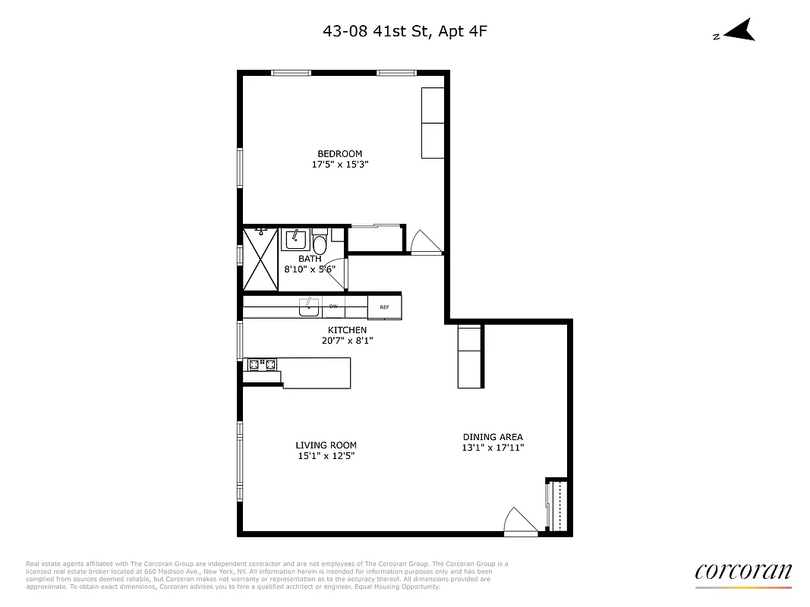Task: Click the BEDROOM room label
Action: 339,154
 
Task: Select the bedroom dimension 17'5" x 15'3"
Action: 339,165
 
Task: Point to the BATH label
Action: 309,259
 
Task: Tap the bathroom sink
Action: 295,240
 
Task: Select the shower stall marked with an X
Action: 260,259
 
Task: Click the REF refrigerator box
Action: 384,307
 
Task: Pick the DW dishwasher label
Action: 333,307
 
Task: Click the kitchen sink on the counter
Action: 309,307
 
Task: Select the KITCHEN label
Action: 347,330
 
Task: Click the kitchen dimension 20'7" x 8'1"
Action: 347,341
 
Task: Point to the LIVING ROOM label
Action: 326,445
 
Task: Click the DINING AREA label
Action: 493,437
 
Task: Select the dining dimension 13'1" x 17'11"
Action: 493,448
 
